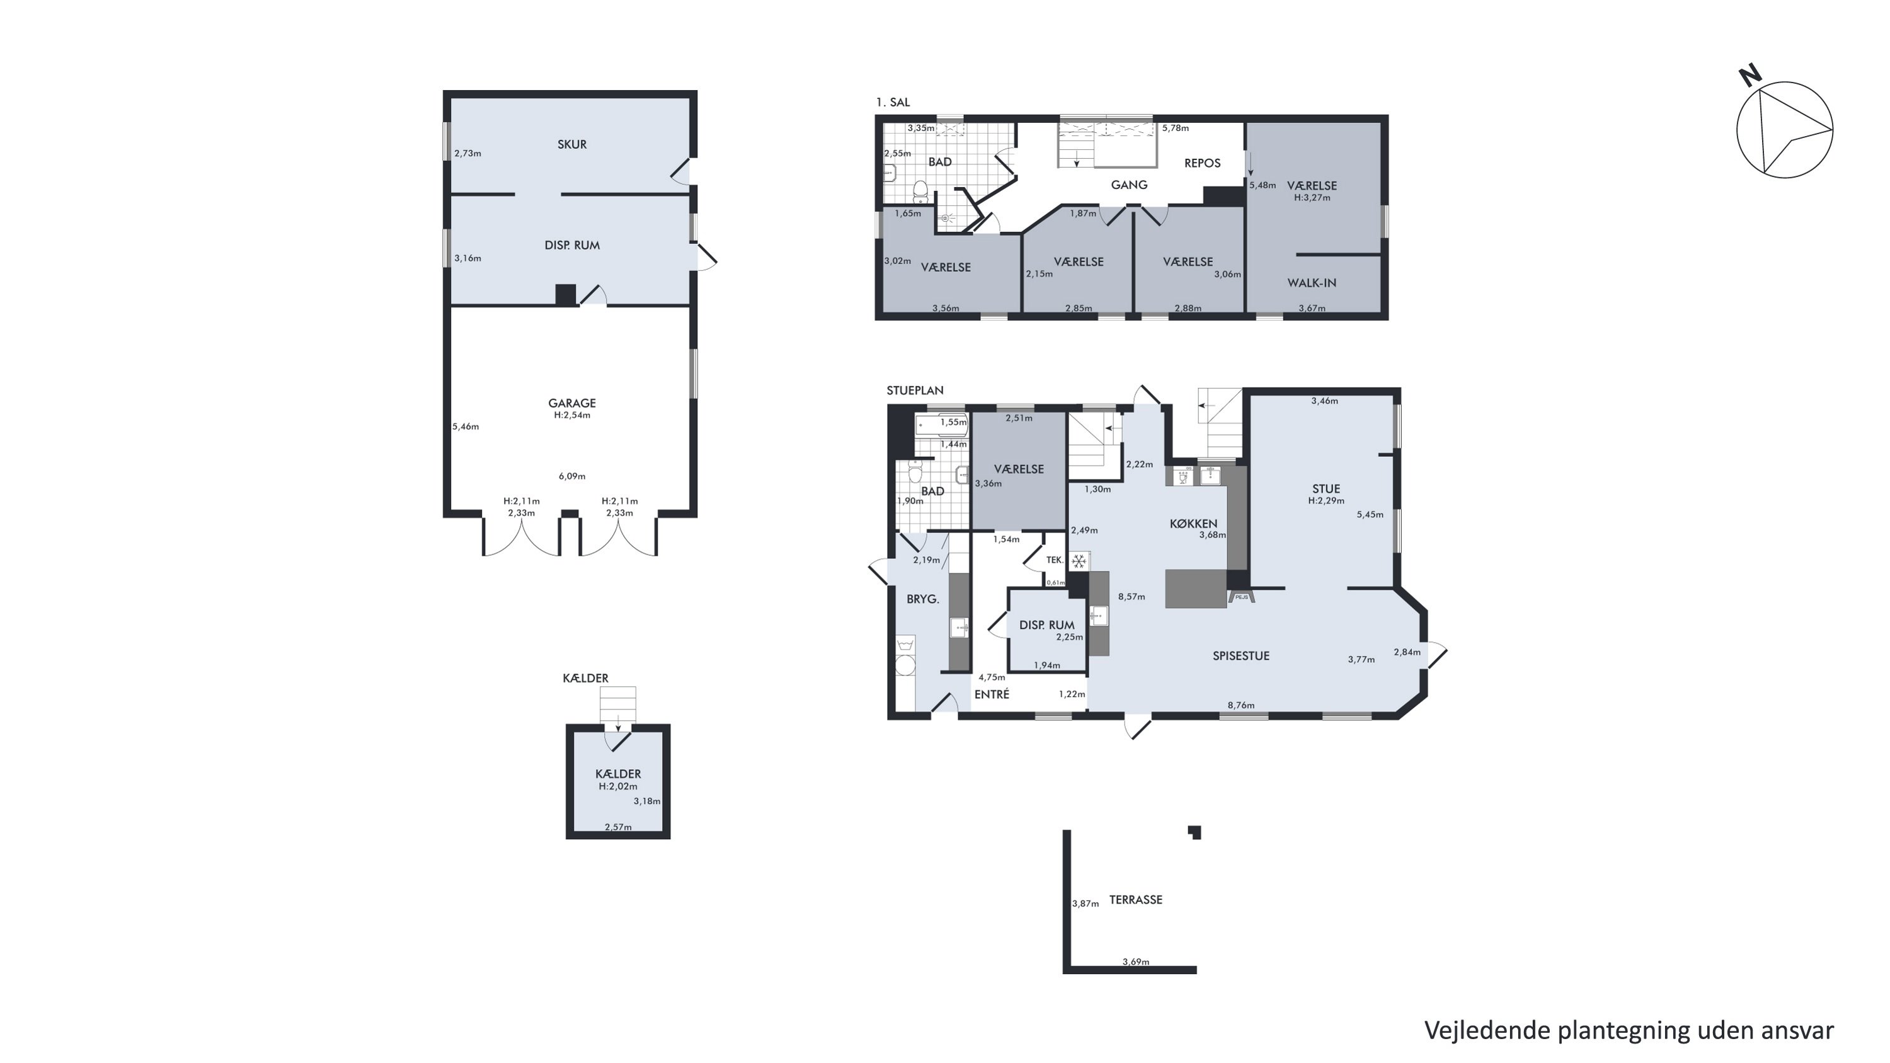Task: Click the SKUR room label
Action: click(x=571, y=144)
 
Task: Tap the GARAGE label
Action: click(x=571, y=403)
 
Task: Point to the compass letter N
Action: click(x=1751, y=76)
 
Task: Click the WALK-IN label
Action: click(x=1312, y=282)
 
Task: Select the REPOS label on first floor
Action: click(x=1203, y=163)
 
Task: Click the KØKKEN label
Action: click(x=1193, y=523)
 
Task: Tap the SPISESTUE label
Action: click(x=1240, y=656)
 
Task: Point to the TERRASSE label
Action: click(x=1136, y=899)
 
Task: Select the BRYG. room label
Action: click(x=923, y=599)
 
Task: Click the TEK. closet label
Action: click(x=1055, y=560)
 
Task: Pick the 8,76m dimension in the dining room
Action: click(x=1240, y=706)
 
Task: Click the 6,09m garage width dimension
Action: click(x=572, y=476)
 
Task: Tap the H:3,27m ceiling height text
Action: click(x=1312, y=197)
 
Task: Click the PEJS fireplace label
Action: click(x=1241, y=597)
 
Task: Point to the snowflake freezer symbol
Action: click(x=1079, y=562)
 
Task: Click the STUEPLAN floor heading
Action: click(x=915, y=390)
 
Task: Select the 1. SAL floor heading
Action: click(x=893, y=102)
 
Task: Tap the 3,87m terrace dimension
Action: click(x=1085, y=904)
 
